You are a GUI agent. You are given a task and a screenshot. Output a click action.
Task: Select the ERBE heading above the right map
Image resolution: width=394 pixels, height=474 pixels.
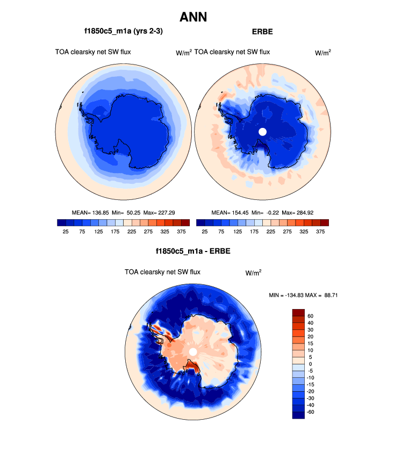262,32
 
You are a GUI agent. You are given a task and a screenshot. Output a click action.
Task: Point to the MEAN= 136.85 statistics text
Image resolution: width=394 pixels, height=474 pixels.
90,212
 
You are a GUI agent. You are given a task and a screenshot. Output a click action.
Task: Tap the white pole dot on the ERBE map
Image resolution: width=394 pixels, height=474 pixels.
262,132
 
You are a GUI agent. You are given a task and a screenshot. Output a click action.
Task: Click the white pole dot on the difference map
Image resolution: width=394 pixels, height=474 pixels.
192,351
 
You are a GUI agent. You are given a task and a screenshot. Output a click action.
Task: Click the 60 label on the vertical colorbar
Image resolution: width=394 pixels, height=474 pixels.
310,315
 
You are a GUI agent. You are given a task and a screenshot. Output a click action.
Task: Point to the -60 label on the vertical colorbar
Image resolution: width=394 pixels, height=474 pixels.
311,412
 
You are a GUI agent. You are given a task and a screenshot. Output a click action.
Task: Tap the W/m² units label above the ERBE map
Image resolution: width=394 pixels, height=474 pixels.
323,53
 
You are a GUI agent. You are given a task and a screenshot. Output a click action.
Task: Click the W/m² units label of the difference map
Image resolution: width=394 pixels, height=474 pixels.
254,272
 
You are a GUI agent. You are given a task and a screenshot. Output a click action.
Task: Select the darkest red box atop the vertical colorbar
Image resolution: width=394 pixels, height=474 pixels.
298,312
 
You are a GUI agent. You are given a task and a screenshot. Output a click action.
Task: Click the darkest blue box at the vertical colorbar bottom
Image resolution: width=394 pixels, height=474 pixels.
298,415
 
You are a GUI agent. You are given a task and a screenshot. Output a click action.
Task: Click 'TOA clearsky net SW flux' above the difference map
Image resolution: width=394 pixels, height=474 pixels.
162,272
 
